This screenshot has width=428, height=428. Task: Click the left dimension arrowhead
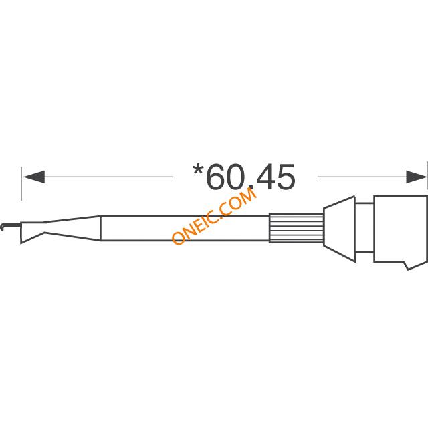tap(34, 177)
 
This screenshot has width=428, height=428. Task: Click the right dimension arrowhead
tap(416, 177)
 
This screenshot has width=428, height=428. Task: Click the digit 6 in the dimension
tap(217, 177)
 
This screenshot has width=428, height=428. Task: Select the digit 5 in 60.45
tap(285, 177)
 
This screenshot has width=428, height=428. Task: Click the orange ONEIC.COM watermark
tap(215, 216)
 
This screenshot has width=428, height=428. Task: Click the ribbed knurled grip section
tap(296, 228)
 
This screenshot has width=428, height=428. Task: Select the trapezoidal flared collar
tap(339, 229)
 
